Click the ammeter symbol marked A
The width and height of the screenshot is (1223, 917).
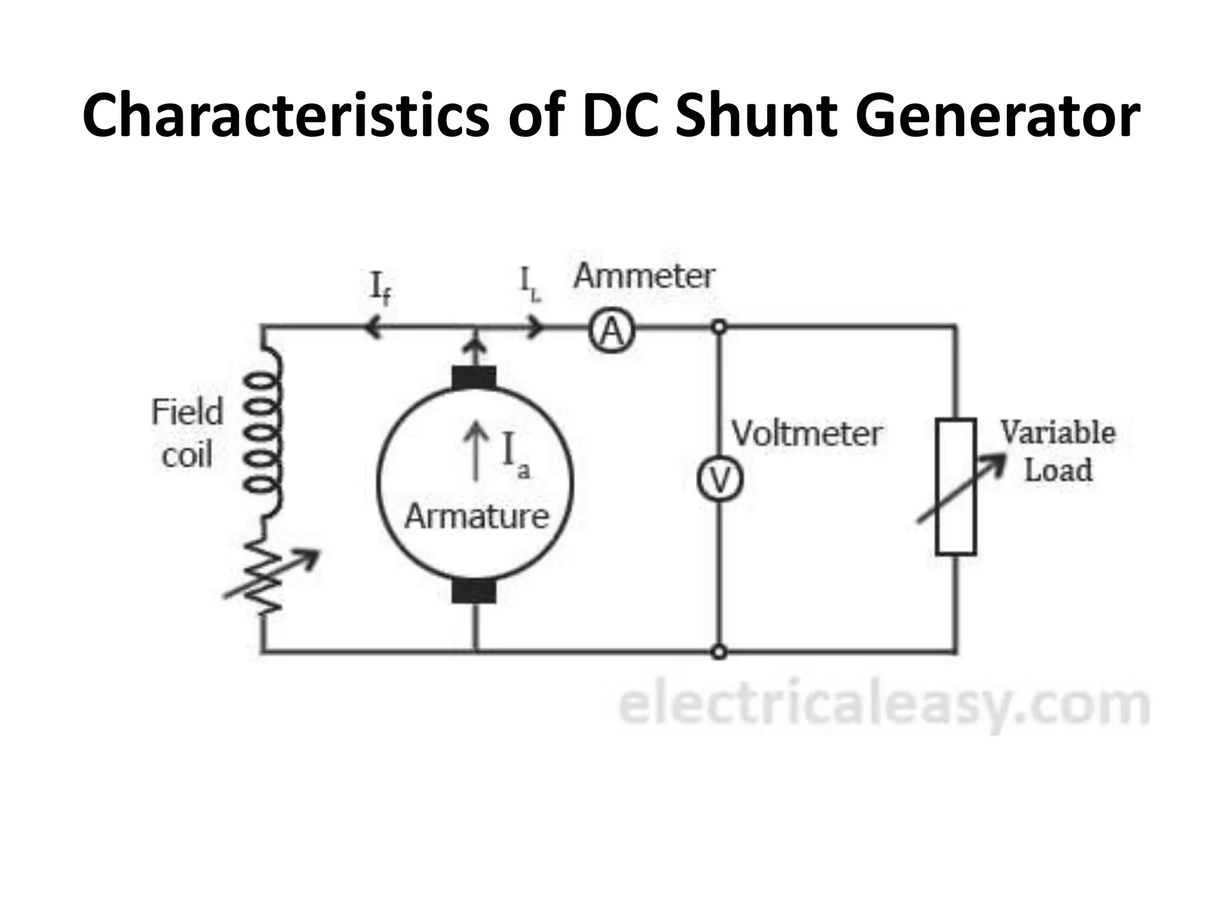click(611, 332)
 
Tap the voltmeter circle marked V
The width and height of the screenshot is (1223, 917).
click(720, 480)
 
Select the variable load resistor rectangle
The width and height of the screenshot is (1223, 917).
click(955, 487)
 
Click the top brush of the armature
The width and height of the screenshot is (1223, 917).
click(474, 378)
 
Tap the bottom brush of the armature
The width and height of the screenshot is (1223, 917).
click(474, 591)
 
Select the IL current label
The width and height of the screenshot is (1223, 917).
click(530, 286)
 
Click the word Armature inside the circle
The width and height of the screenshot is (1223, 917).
click(477, 516)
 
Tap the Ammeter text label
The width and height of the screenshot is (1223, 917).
click(644, 276)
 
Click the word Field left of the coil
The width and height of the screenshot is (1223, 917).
click(187, 412)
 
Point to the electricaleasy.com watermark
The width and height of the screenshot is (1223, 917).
click(884, 706)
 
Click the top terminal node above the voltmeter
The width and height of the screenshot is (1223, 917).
click(720, 327)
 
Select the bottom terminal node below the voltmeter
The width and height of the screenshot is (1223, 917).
click(720, 652)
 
